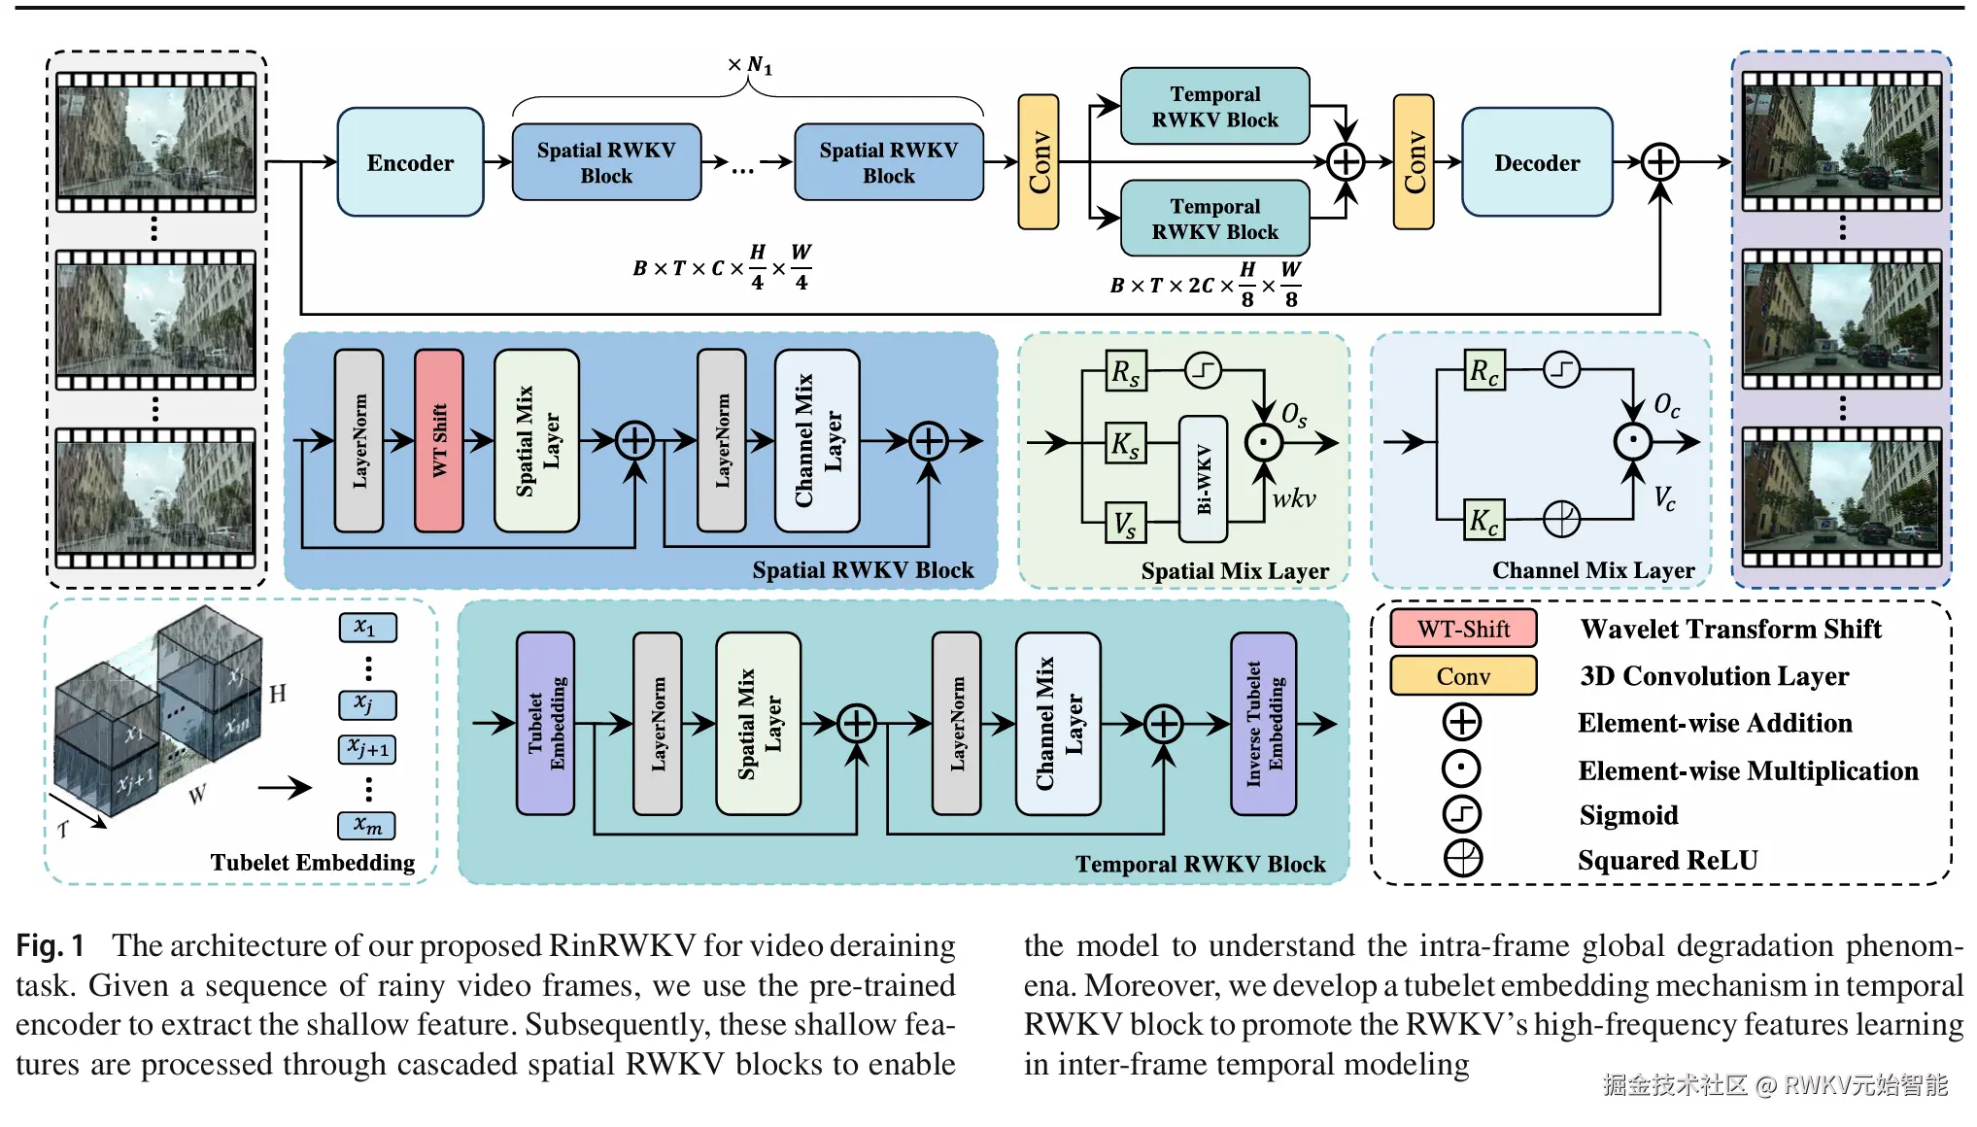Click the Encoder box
410,162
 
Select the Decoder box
1536,162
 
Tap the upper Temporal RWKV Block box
1214,106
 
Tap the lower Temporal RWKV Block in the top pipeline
1214,219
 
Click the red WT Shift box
438,440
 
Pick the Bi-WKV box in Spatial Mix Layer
1203,478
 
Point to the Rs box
1126,371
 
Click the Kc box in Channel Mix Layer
1483,520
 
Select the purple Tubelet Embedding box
545,723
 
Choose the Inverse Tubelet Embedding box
1263,723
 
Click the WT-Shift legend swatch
1462,629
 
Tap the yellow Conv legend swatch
1462,675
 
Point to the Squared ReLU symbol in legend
1462,859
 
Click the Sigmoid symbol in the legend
1462,814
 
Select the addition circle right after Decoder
1659,162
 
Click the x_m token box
367,826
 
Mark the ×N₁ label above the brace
749,65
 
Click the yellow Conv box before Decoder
1414,162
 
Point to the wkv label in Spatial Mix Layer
1293,499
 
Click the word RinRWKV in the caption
622,945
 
